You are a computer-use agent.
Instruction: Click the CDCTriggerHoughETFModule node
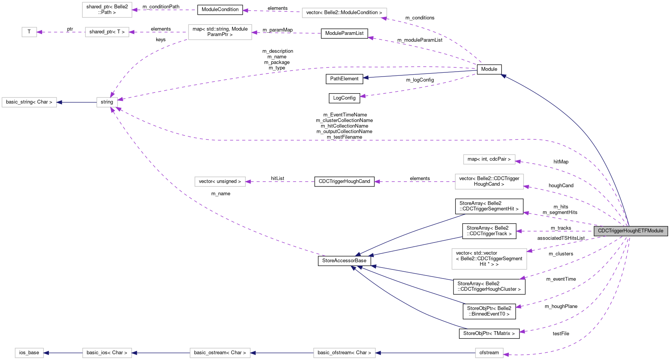pyautogui.click(x=631, y=231)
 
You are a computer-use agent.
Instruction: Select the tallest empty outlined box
pyautogui.click(x=489, y=259)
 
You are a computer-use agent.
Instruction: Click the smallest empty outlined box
pyautogui.click(x=29, y=32)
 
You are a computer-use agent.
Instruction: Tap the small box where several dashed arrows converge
pyautogui.click(x=107, y=102)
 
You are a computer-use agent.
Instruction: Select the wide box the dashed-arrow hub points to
pyautogui.click(x=29, y=102)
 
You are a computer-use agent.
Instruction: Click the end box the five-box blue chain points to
pyautogui.click(x=29, y=353)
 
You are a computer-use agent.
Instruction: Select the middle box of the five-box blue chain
pyautogui.click(x=220, y=353)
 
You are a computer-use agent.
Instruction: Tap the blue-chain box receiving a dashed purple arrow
pyautogui.click(x=489, y=353)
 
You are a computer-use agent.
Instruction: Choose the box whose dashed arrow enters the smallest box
pyautogui.click(x=107, y=32)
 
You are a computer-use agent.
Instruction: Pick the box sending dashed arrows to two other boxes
pyautogui.click(x=220, y=32)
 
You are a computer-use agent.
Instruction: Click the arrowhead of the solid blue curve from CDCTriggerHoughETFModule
pyautogui.click(x=503, y=76)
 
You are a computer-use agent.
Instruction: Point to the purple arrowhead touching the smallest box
pyautogui.click(x=39, y=32)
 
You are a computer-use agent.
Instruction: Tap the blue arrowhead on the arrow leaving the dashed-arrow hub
pyautogui.click(x=59, y=102)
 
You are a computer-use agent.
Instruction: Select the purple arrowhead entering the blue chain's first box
pyautogui.click(x=506, y=355)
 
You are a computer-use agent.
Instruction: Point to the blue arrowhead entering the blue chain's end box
pyautogui.click(x=46, y=353)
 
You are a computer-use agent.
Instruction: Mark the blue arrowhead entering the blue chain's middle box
pyautogui.click(x=253, y=353)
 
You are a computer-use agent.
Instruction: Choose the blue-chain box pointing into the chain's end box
pyautogui.click(x=107, y=353)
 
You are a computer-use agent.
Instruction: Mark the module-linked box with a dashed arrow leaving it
pyautogui.click(x=489, y=182)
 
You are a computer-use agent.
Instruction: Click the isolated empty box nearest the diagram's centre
pyautogui.click(x=220, y=182)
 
